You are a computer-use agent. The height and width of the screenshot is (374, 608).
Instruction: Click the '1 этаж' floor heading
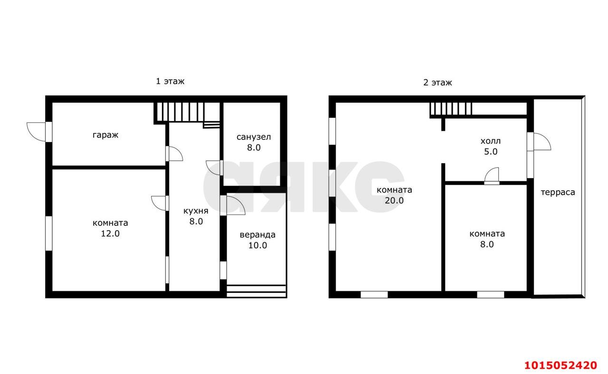(x=170, y=81)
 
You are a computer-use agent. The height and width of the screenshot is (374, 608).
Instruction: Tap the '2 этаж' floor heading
(x=437, y=82)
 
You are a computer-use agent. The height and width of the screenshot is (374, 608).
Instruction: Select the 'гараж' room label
(x=105, y=135)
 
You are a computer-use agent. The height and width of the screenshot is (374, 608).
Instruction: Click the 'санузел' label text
(x=254, y=137)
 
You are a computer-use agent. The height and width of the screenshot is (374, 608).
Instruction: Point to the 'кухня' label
(x=196, y=211)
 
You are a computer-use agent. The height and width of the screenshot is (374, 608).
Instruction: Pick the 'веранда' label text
(x=257, y=235)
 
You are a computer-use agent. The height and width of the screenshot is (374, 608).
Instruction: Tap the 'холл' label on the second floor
(x=491, y=141)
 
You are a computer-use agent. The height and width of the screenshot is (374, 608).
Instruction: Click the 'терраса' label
(x=558, y=192)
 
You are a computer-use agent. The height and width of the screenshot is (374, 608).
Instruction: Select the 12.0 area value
(x=110, y=234)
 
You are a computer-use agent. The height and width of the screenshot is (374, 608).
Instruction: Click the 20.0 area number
(x=394, y=200)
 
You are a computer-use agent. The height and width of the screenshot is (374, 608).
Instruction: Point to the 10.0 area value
(x=257, y=245)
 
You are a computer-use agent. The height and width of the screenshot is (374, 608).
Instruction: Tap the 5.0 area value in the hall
(x=491, y=151)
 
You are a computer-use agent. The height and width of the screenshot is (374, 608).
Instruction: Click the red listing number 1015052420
(x=560, y=365)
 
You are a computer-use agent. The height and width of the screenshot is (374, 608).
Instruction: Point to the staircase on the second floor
(x=451, y=109)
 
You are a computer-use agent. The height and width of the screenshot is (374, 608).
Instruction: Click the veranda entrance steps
(x=256, y=291)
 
